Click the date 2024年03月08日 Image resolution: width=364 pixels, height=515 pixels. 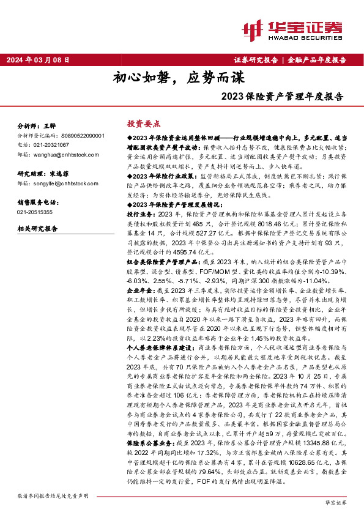pos(38,60)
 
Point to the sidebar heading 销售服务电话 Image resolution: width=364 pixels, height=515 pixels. pos(37,201)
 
